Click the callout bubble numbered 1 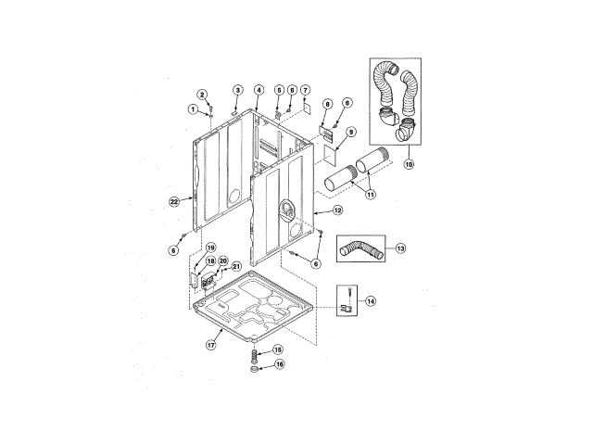pos(194,109)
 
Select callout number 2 pos(203,95)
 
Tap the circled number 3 pos(237,90)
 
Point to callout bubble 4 pos(259,90)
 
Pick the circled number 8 pos(327,104)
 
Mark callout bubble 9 pos(351,133)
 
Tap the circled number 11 pos(372,195)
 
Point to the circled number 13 pos(400,248)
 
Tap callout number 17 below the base pos(210,344)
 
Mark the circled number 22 pos(173,200)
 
